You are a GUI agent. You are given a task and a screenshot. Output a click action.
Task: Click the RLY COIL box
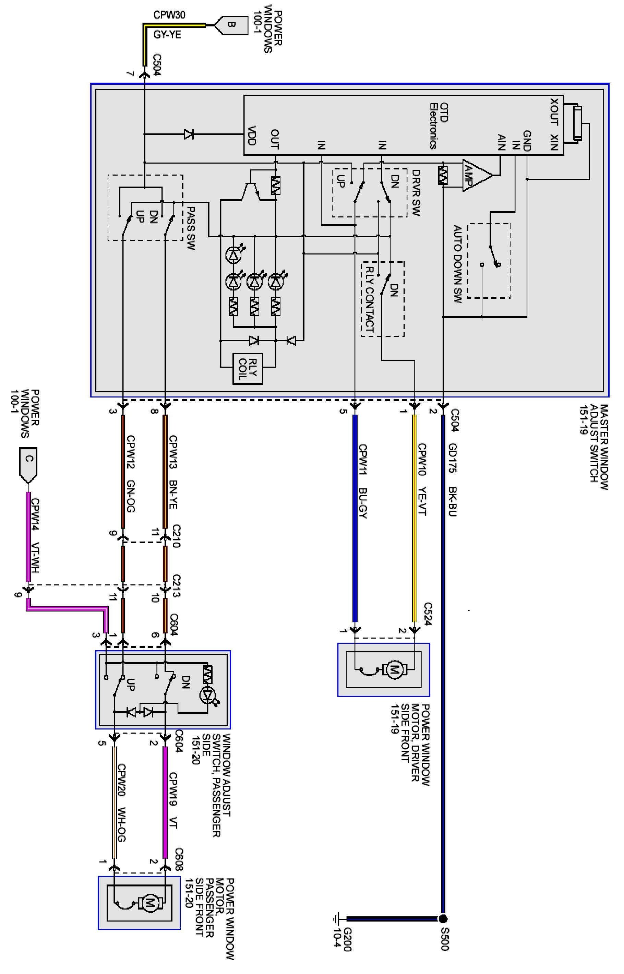coord(248,368)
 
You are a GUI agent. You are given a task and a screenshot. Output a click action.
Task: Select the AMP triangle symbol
coord(477,175)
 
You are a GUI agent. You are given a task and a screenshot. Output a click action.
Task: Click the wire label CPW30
coord(169,15)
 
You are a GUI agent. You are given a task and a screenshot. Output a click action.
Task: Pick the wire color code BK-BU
coord(453,501)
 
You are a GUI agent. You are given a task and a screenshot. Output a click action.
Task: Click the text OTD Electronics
coord(439,126)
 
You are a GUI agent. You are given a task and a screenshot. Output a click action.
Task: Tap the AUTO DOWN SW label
coord(457,264)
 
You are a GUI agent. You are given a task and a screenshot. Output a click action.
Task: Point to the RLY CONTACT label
coord(370,299)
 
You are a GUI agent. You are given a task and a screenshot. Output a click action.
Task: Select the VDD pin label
coord(252,136)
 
